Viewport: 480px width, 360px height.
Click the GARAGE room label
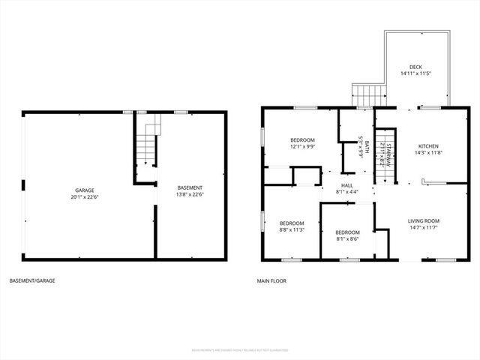click(84, 190)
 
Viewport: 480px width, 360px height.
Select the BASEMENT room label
click(190, 187)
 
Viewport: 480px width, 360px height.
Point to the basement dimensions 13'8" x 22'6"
click(190, 194)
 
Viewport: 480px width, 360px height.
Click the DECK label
click(415, 66)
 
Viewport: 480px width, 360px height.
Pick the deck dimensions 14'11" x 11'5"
click(415, 73)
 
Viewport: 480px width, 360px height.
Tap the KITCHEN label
click(428, 145)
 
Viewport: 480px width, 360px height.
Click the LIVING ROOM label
click(424, 220)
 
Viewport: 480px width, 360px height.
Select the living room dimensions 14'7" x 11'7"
click(424, 228)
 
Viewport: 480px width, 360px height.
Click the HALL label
click(347, 185)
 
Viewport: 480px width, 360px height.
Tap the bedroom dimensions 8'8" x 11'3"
click(292, 230)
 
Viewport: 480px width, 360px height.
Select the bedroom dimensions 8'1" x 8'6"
click(347, 239)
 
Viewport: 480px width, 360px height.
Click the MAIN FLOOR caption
click(271, 281)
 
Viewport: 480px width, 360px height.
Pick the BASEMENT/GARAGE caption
click(32, 281)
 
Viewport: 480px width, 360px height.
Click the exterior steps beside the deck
click(367, 95)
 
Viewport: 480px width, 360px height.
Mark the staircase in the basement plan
click(145, 146)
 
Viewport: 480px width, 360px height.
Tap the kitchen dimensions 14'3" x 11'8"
click(428, 153)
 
